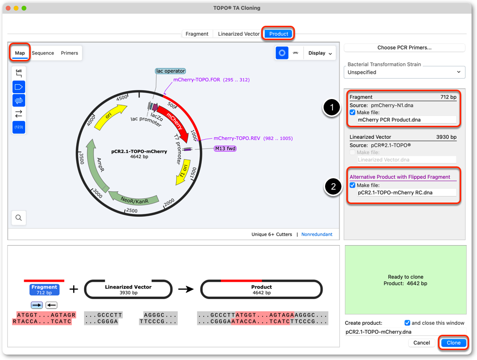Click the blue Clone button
point(453,343)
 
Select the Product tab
point(279,34)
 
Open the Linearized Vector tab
point(238,34)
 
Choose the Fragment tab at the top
point(197,34)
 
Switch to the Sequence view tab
point(43,53)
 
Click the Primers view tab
point(69,53)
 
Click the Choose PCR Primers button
point(404,48)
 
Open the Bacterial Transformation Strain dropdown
point(404,72)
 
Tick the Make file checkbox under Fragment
point(352,112)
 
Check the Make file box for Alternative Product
point(352,185)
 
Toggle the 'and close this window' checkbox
point(407,323)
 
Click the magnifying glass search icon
point(19,217)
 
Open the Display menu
point(320,53)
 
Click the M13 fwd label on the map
point(225,149)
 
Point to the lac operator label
point(170,71)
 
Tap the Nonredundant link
point(317,234)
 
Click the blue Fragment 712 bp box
point(45,289)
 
